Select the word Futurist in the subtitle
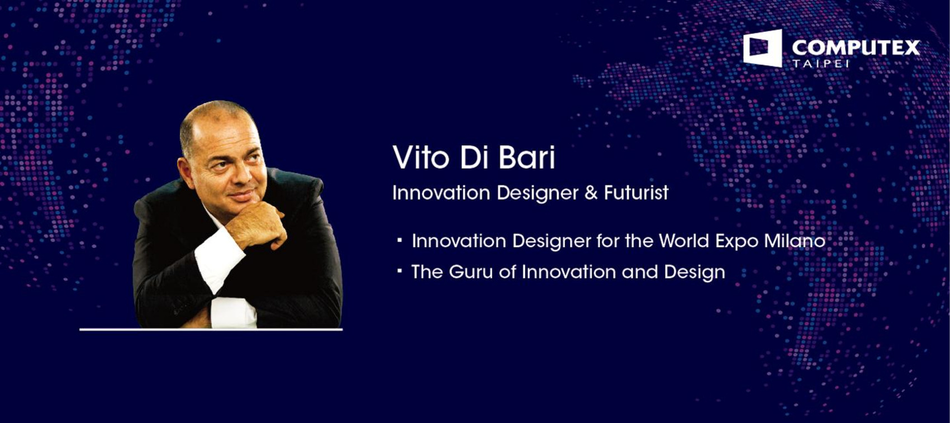click(636, 192)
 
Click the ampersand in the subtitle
click(591, 193)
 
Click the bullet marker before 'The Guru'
click(400, 270)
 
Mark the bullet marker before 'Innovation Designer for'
click(400, 240)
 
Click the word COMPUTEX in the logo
click(856, 47)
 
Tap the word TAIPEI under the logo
click(820, 64)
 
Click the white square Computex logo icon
click(762, 48)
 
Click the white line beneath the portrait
click(211, 329)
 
